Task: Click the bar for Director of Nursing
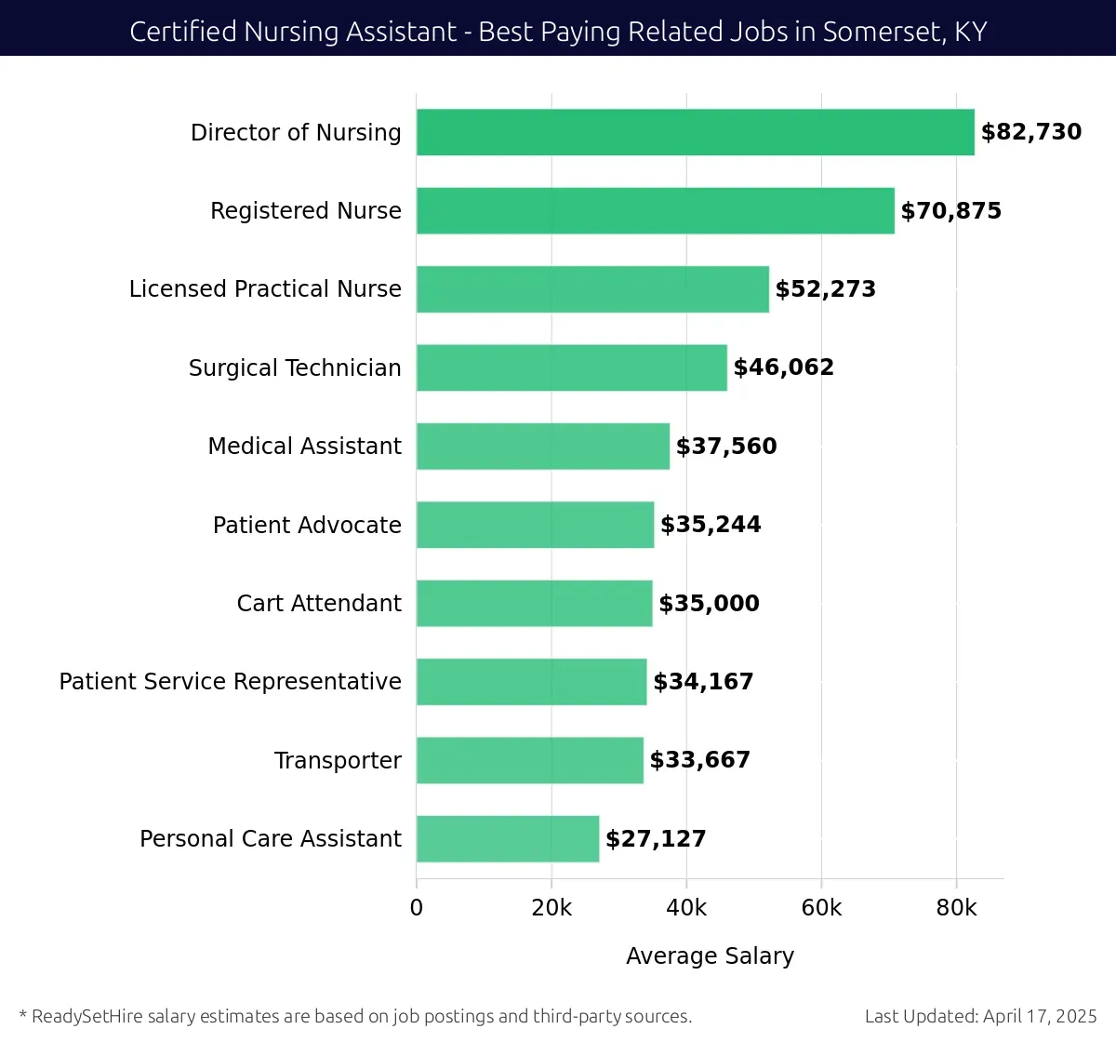695,132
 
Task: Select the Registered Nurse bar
655,210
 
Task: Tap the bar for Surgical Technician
571,367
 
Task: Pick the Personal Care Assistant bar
508,838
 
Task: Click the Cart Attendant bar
534,603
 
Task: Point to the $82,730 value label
1031,132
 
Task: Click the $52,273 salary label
826,289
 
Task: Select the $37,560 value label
726,447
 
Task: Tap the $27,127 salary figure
656,839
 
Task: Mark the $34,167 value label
703,682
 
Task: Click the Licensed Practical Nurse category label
265,289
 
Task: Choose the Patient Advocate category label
307,526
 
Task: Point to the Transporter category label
338,761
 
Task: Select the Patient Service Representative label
230,682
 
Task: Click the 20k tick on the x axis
551,908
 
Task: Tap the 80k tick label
956,908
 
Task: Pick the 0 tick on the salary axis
417,908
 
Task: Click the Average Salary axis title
710,956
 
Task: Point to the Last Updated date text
980,1016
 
